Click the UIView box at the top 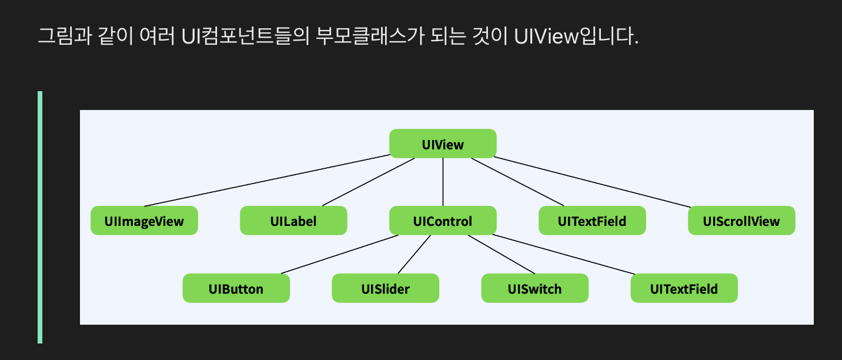click(x=443, y=144)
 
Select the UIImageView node click(x=144, y=221)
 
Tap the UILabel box click(x=293, y=221)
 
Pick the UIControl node click(x=443, y=221)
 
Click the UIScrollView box click(x=741, y=221)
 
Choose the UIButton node click(x=236, y=289)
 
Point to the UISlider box click(x=385, y=289)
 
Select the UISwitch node click(x=534, y=289)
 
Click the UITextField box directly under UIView click(x=592, y=221)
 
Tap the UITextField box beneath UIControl click(x=684, y=289)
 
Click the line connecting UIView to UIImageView click(x=268, y=181)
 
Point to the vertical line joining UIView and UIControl click(x=443, y=182)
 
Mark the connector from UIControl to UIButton click(x=339, y=255)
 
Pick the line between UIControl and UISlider click(x=414, y=255)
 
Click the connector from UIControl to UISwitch click(x=502, y=255)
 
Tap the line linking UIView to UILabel click(x=368, y=182)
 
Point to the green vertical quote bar click(x=40, y=217)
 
